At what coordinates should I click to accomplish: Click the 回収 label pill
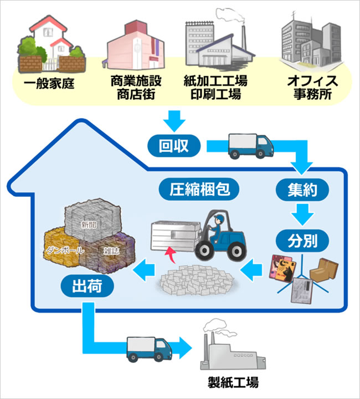tap(174, 146)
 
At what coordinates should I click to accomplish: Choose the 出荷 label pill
tap(86, 287)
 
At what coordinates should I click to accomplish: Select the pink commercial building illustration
tap(136, 47)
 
